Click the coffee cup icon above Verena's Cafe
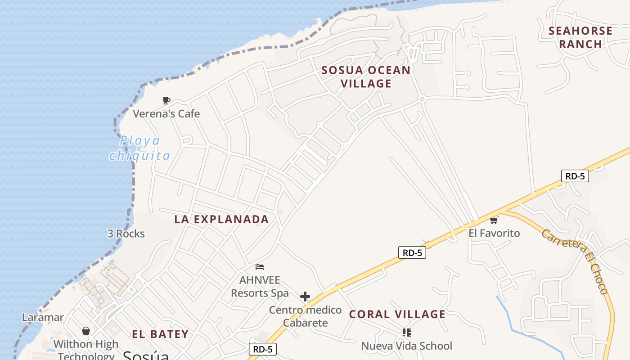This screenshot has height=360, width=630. pos(166,100)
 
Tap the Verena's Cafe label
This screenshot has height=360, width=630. pos(166,114)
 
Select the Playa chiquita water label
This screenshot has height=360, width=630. pos(139,148)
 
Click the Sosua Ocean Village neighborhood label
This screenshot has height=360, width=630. pos(366,77)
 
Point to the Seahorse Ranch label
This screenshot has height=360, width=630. pos(580,37)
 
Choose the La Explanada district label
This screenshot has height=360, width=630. pos(221,220)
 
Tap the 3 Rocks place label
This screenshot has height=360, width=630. pos(126,234)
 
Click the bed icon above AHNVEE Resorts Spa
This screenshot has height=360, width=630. pos(259,267)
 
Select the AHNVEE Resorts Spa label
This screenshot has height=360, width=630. pos(260,287)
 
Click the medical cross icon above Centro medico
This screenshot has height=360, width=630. pos(305,297)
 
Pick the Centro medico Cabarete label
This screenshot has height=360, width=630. pos(305,316)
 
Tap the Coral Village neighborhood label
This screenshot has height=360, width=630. pos(397,315)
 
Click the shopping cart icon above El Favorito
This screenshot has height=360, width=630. pos(494,220)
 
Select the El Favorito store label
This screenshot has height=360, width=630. pos(494,233)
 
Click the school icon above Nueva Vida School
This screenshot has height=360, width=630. pos(406,333)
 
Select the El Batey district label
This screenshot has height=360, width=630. pos(160,334)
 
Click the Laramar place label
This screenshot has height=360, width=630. pos(43,318)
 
